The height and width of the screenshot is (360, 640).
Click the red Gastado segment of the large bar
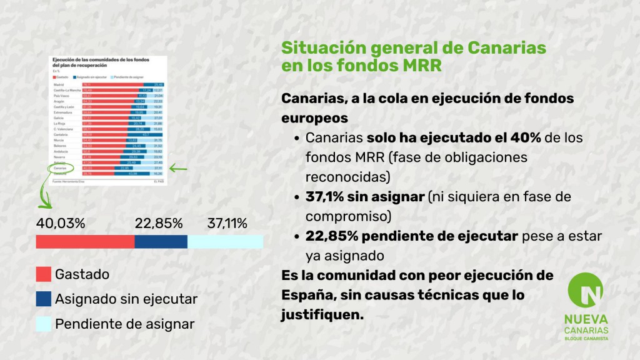click(85, 242)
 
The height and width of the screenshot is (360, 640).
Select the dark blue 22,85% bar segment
click(161, 242)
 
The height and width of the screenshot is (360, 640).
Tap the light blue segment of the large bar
click(225, 242)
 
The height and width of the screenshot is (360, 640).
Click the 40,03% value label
click(61, 223)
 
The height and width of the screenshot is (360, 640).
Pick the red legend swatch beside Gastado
click(43, 274)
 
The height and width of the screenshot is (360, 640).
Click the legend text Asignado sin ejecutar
click(126, 299)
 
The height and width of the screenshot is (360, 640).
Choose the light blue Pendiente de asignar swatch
click(43, 324)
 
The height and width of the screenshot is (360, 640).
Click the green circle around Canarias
click(60, 167)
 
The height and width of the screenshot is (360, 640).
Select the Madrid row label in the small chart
click(59, 84)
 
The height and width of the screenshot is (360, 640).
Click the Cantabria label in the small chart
click(61, 134)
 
